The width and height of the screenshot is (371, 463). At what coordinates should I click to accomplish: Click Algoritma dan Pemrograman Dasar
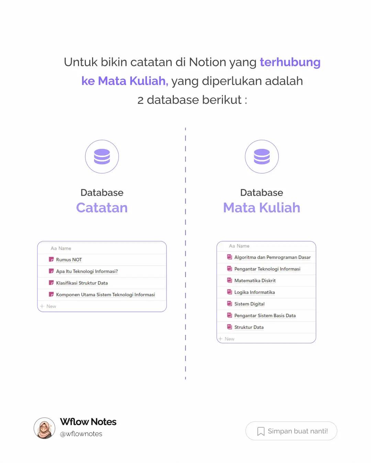click(272, 257)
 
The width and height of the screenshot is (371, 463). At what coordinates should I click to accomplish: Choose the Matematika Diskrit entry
click(255, 281)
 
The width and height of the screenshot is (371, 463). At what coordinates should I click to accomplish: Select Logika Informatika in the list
click(254, 292)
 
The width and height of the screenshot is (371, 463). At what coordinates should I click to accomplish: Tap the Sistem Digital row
click(249, 304)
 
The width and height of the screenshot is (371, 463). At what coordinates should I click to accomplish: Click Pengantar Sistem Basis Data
click(265, 316)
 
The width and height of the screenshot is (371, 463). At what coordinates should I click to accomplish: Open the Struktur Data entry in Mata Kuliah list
click(249, 327)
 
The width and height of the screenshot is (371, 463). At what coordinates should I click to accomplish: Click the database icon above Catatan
click(102, 157)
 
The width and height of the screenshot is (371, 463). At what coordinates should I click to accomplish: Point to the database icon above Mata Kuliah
click(262, 157)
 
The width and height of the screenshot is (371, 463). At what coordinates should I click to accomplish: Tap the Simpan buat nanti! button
click(291, 431)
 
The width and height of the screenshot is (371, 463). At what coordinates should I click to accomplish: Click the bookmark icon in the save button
click(261, 431)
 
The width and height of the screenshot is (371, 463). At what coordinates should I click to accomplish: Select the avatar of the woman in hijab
click(44, 428)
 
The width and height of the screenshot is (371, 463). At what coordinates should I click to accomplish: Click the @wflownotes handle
click(81, 434)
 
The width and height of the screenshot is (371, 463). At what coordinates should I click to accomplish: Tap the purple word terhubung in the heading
click(290, 62)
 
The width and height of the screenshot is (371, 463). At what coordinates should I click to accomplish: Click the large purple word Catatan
click(102, 207)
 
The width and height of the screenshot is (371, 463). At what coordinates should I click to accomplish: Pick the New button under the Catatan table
click(48, 306)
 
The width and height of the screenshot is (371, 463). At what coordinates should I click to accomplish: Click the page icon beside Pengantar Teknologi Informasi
click(229, 269)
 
